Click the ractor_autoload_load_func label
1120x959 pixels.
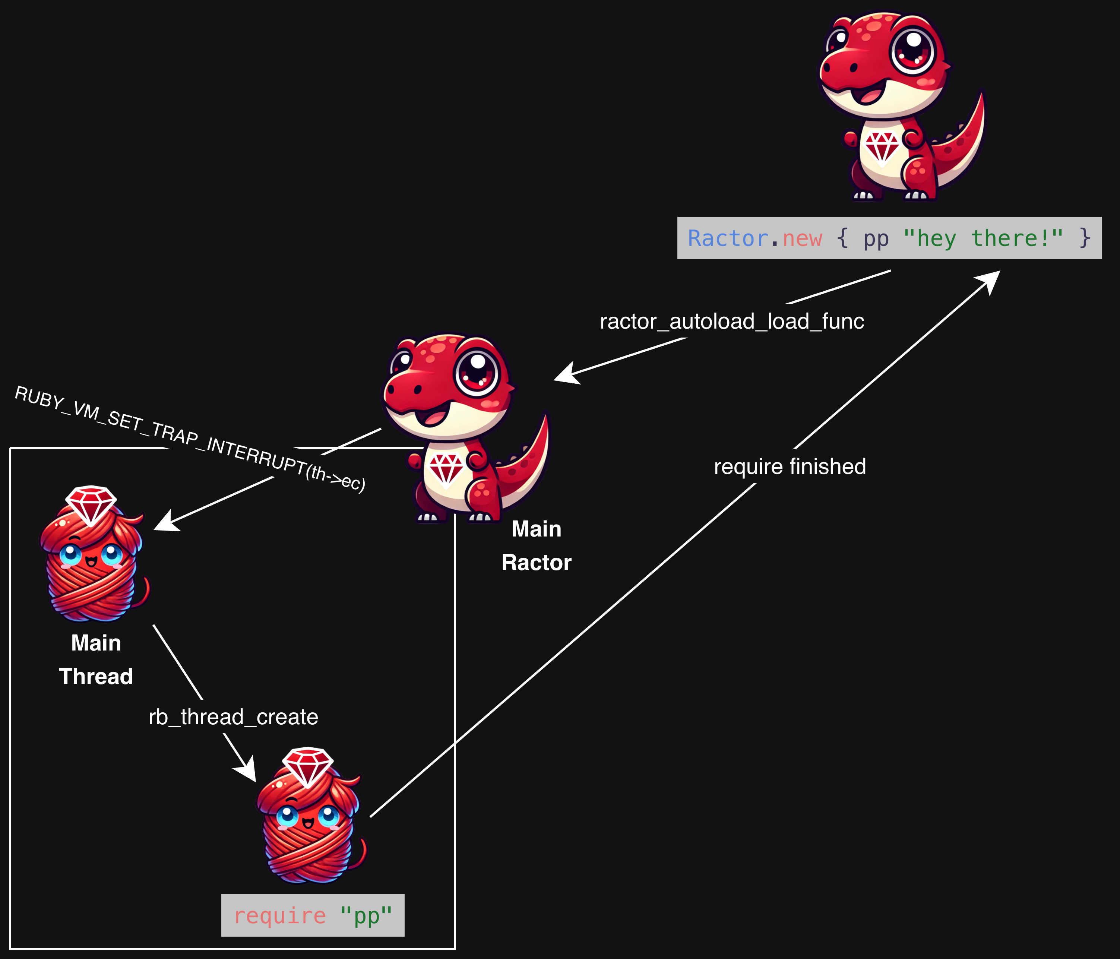click(x=732, y=321)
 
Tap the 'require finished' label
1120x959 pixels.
click(x=790, y=466)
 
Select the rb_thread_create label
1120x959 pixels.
click(x=234, y=717)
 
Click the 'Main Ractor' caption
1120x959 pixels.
click(x=536, y=545)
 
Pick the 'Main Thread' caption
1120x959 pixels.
click(x=96, y=659)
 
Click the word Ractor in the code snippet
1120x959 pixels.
click(x=728, y=238)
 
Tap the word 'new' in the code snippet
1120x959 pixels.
click(x=802, y=238)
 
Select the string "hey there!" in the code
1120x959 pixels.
click(x=983, y=238)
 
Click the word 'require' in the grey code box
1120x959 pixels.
click(x=279, y=916)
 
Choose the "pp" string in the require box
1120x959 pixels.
click(x=366, y=916)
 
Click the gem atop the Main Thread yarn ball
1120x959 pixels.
click(x=91, y=502)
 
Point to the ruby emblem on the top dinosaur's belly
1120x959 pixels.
click(x=882, y=146)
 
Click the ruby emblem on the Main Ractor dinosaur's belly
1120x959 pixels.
click(x=446, y=468)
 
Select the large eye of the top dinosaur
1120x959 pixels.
click(x=912, y=51)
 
